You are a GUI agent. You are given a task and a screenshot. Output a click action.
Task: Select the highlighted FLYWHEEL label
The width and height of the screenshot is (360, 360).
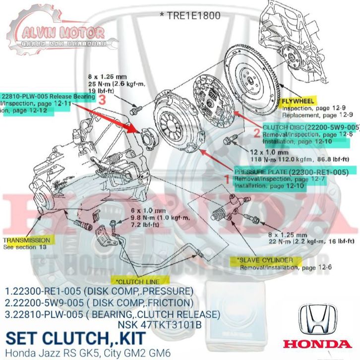click(x=297, y=101)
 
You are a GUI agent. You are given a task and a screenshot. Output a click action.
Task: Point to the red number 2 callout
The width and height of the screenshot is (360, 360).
click(x=257, y=132)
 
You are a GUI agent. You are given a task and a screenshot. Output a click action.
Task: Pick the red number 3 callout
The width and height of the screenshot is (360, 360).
click(x=102, y=99)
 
